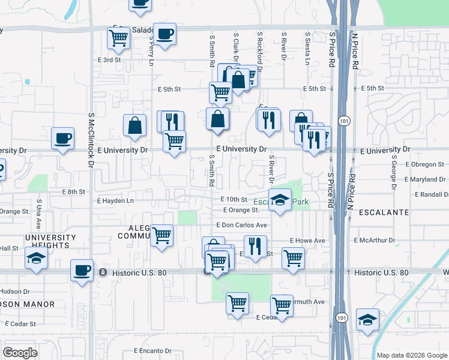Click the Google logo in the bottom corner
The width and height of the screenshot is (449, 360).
(x=20, y=353)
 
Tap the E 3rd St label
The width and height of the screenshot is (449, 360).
(x=109, y=60)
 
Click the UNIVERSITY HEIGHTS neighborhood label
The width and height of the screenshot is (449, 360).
(x=51, y=242)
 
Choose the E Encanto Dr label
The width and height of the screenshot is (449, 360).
(x=152, y=351)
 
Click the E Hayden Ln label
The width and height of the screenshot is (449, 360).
(x=115, y=201)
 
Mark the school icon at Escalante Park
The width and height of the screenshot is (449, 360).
(x=279, y=200)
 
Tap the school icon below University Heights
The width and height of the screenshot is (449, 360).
(x=36, y=259)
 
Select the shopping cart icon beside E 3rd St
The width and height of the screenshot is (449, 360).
(x=118, y=38)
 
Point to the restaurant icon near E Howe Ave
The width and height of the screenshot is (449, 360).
(x=255, y=246)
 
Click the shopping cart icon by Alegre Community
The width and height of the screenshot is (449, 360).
(x=161, y=236)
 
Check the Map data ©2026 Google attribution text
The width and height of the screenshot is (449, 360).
(x=412, y=355)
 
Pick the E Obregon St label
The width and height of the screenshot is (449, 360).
(x=424, y=164)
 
